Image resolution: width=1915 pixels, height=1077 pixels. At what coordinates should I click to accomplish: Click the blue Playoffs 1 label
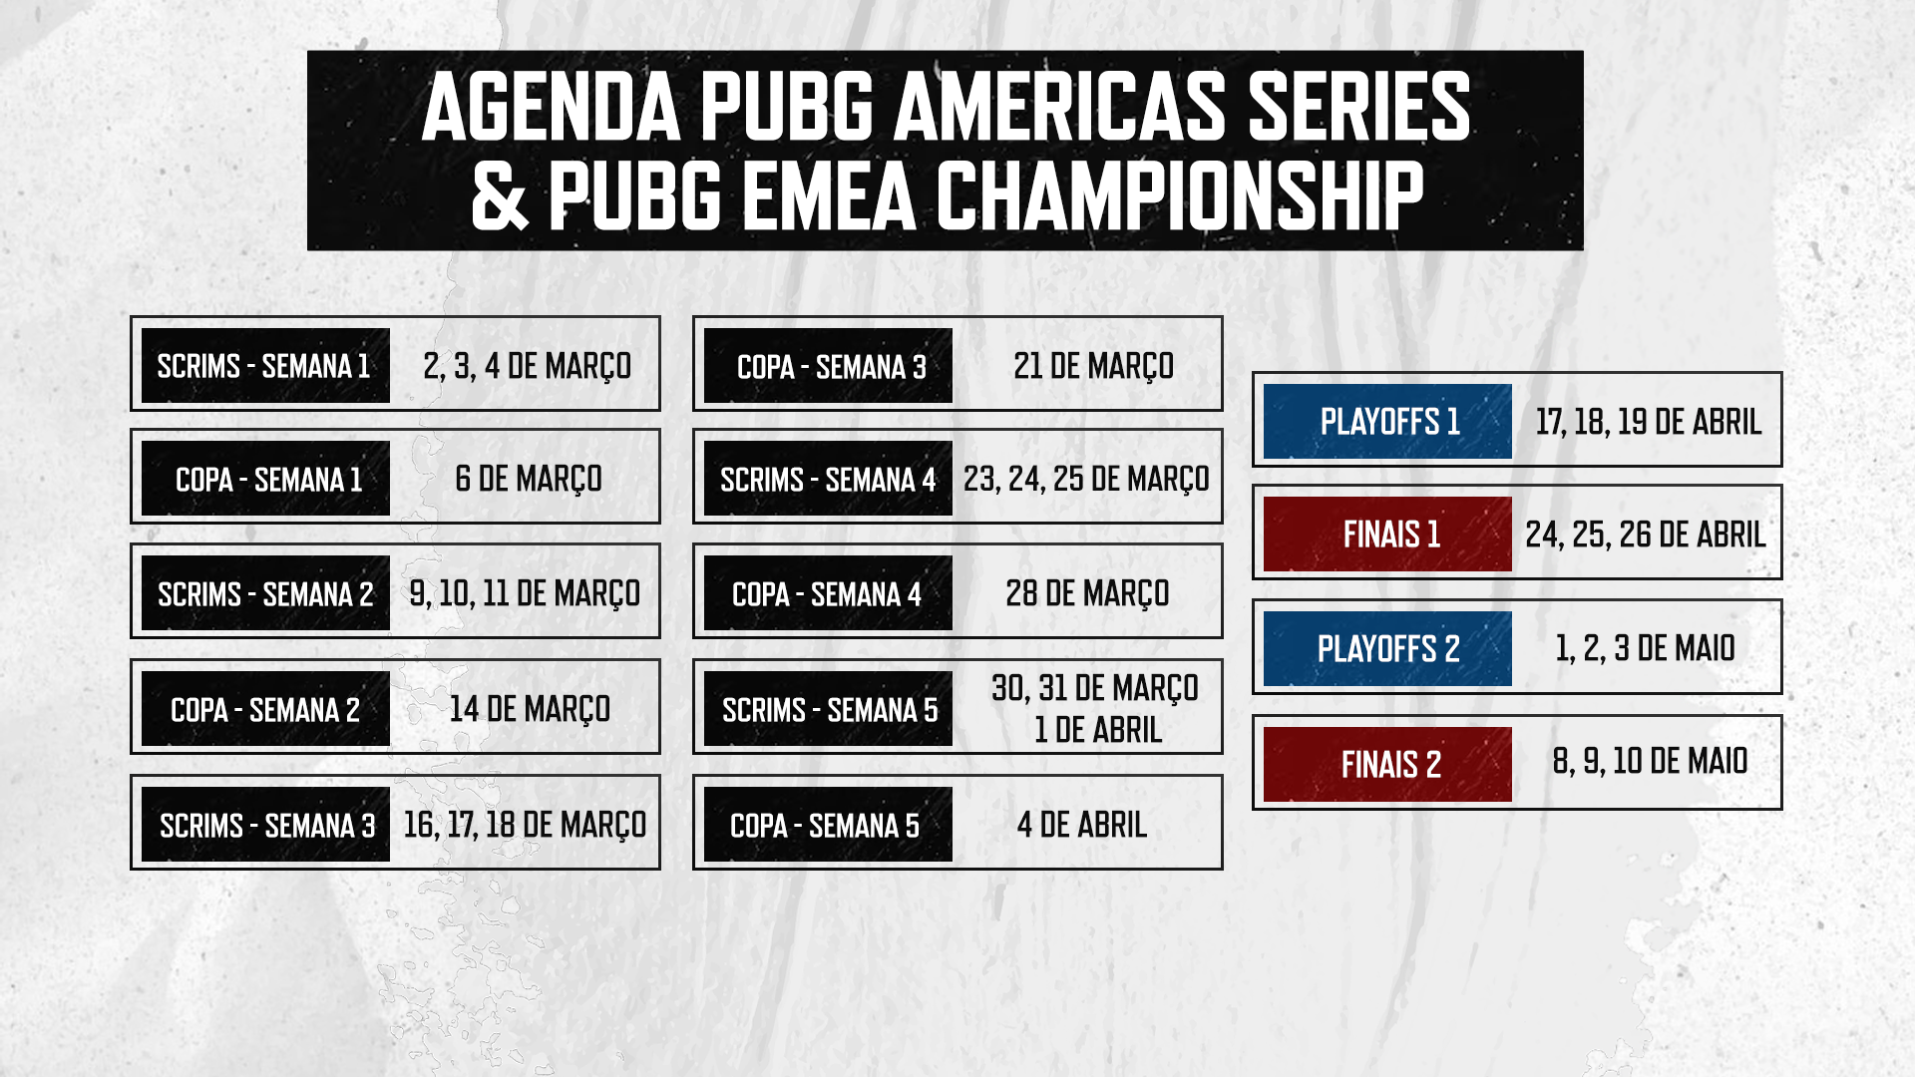coord(1387,421)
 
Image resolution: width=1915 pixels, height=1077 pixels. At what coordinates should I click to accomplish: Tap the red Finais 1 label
coord(1387,534)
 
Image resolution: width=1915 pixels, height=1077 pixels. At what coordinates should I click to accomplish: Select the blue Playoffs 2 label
coord(1387,648)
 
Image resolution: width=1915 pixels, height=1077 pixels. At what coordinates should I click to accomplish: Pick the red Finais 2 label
coord(1387,764)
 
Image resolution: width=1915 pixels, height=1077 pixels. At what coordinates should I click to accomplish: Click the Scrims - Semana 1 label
coord(265,365)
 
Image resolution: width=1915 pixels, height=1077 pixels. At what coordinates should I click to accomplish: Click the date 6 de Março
coord(529,480)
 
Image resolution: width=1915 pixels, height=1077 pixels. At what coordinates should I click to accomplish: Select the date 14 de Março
coord(530,710)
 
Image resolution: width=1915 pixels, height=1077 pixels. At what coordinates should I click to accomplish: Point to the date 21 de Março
coord(1093,367)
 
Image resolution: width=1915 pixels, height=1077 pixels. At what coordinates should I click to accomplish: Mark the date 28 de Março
coord(1087,594)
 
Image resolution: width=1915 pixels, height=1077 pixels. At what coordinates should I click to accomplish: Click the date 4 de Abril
coord(1082,825)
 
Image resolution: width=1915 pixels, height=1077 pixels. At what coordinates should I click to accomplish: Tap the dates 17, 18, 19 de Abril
coord(1649,422)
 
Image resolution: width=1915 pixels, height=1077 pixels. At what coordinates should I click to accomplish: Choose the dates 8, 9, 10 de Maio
coord(1650,761)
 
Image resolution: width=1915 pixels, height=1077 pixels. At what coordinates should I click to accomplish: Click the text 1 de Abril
coord(1098,730)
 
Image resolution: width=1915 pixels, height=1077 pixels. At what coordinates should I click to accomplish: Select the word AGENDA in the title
coord(552,108)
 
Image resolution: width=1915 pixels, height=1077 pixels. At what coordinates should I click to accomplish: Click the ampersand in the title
coord(500,195)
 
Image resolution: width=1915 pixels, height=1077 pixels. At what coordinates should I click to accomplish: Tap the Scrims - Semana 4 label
coord(828,479)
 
